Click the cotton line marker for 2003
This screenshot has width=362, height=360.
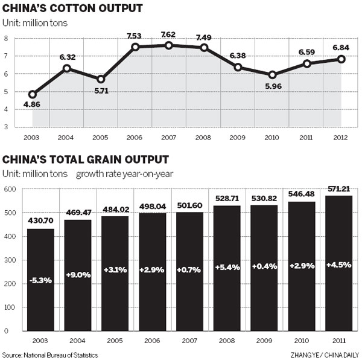33,94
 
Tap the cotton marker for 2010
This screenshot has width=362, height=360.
273,75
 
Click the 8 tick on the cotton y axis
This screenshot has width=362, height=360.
6,38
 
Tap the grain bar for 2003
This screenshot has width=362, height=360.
42,280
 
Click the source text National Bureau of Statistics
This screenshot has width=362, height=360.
50,355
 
